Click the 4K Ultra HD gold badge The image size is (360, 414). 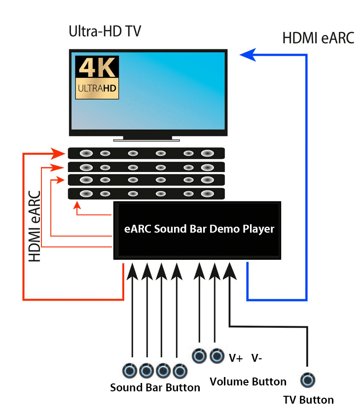pyautogui.click(x=97, y=77)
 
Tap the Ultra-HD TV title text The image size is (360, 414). pyautogui.click(x=105, y=32)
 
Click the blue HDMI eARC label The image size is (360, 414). pyautogui.click(x=318, y=38)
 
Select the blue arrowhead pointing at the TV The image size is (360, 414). pyautogui.click(x=248, y=54)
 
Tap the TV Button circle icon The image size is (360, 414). pyautogui.click(x=308, y=380)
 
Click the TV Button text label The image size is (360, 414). pyautogui.click(x=308, y=400)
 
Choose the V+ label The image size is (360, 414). pyautogui.click(x=236, y=358)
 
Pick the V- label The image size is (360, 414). pyautogui.click(x=256, y=358)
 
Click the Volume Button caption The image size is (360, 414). pyautogui.click(x=248, y=381)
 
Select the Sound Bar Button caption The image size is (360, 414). pyautogui.click(x=155, y=387)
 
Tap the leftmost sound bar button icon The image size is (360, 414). pyautogui.click(x=130, y=370)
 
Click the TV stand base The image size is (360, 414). pyautogui.click(x=148, y=139)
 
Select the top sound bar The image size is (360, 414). pyautogui.click(x=146, y=153)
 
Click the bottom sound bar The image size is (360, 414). pyautogui.click(x=146, y=193)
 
